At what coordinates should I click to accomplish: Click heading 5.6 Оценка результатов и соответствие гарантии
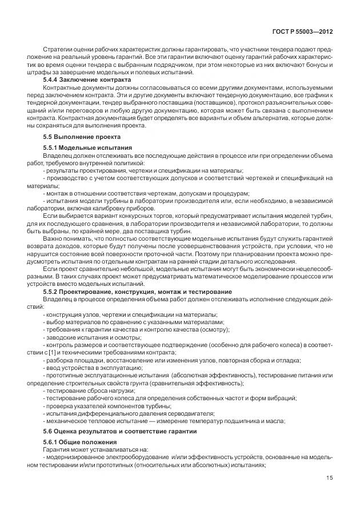(120, 431)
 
